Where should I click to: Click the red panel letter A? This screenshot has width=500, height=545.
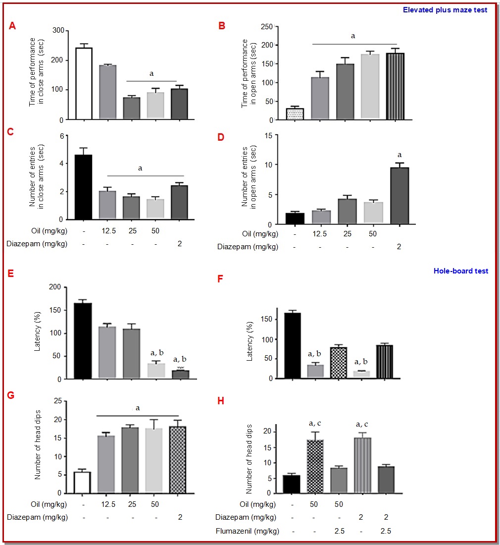click(13, 26)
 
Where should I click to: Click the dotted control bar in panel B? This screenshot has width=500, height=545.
click(295, 113)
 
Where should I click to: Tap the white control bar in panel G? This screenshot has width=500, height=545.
click(82, 482)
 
